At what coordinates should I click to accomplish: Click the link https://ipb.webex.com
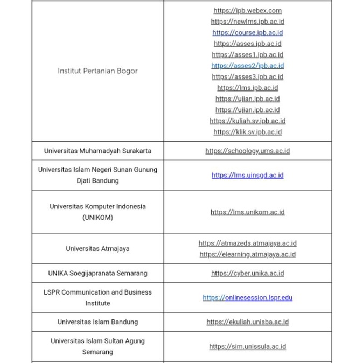coord(247,10)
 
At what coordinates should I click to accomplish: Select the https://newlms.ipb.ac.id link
coord(247,22)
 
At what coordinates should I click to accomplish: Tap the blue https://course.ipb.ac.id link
coord(247,32)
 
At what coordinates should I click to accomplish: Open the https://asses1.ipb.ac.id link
coord(247,54)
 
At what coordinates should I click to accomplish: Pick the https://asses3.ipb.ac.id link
coord(247,76)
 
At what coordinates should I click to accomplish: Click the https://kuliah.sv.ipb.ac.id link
coord(247,121)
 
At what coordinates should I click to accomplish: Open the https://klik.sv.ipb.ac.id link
coord(247,132)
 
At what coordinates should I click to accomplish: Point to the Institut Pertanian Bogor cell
coord(97,71)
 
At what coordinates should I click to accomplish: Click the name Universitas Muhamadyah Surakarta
coord(97,151)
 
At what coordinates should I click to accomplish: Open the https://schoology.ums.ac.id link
coord(247,151)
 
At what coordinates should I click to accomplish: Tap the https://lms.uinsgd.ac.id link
coord(247,175)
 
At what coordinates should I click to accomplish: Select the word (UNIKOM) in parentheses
coord(97,218)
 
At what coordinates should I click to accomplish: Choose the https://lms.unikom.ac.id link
coord(247,212)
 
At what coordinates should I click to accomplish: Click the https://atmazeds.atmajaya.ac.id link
coord(247,243)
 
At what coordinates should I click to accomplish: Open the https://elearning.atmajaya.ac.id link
coord(247,254)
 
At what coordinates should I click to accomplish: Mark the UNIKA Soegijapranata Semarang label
coord(97,273)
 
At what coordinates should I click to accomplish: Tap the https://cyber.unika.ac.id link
coord(247,273)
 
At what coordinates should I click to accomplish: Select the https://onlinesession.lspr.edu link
coord(247,297)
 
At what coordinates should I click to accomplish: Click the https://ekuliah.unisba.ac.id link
coord(247,322)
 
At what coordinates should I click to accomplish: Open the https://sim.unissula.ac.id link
coord(247,346)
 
